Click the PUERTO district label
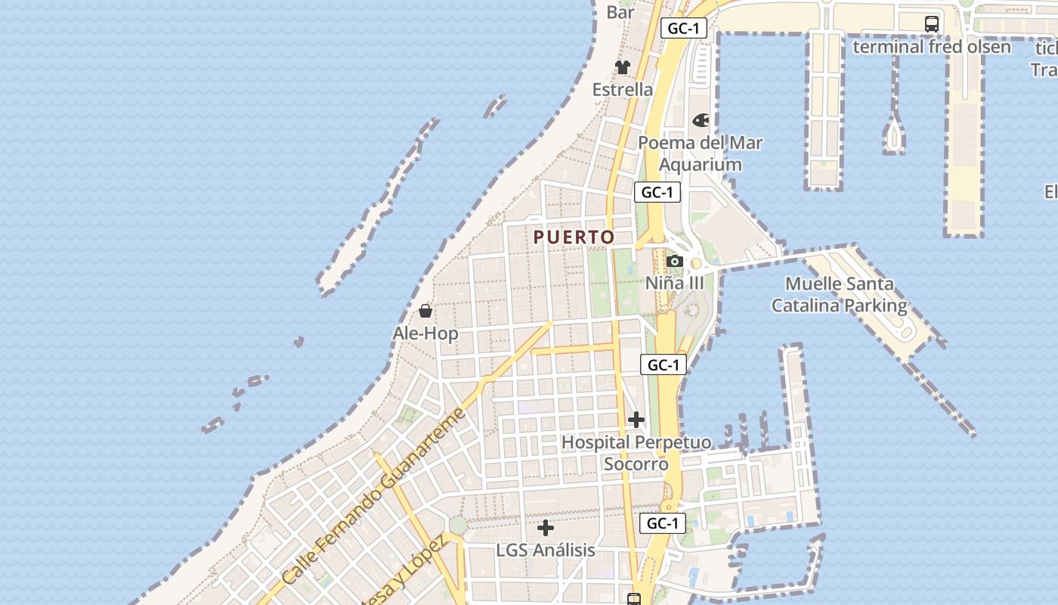click(574, 237)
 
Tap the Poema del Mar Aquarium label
click(701, 154)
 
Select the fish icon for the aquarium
click(701, 120)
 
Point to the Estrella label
click(623, 89)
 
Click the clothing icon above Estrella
click(623, 67)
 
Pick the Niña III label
click(674, 283)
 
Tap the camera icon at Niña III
click(674, 262)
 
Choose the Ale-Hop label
click(425, 333)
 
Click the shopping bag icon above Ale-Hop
click(425, 311)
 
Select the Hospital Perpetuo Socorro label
click(636, 452)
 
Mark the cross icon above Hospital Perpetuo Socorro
click(636, 419)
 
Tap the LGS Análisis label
click(546, 550)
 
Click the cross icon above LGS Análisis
click(546, 528)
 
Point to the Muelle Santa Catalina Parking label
click(839, 295)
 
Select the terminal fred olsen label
click(932, 47)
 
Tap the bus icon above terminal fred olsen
click(932, 23)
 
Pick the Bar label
click(620, 12)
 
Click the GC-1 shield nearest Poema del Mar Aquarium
click(657, 192)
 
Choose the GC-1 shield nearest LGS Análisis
click(663, 523)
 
